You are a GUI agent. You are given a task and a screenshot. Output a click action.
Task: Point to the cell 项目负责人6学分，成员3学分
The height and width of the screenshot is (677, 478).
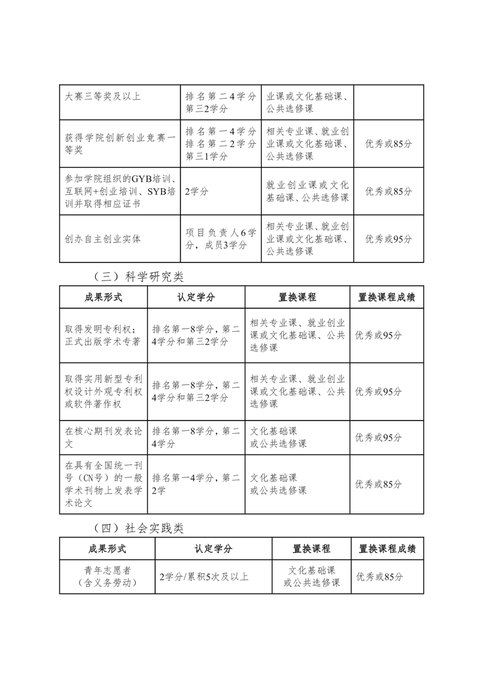221,238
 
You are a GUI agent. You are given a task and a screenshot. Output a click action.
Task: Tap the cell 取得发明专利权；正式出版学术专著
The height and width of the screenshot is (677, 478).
102,335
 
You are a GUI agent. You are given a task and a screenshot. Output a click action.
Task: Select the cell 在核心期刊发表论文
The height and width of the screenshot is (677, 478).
102,437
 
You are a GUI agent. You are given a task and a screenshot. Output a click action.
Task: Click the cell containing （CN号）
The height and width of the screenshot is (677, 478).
102,484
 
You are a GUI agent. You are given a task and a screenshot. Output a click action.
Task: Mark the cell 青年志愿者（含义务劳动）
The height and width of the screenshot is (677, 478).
107,576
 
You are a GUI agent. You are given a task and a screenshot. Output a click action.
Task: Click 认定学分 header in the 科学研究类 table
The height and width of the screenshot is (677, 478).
196,297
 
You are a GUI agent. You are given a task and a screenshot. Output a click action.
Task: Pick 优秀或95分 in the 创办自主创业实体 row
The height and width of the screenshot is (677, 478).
389,238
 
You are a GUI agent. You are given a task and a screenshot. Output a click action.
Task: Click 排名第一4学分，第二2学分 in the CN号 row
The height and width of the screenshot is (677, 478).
196,484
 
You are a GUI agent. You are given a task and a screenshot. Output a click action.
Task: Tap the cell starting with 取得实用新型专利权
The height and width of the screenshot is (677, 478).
102,390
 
